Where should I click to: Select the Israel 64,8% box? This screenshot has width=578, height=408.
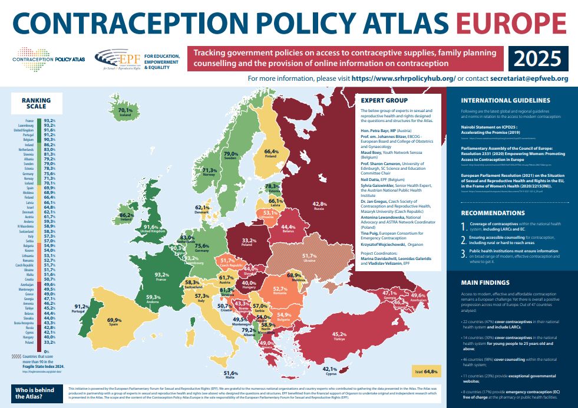tap(426, 372)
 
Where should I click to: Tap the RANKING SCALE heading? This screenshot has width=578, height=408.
tap(37, 104)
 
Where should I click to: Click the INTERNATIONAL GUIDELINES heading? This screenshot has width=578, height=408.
tap(506, 100)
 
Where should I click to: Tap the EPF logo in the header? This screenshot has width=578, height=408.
tap(123, 59)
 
